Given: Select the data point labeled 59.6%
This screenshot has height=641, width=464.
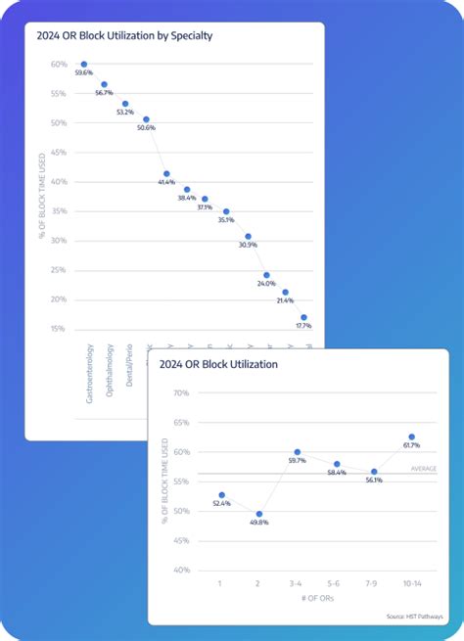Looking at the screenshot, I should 84,64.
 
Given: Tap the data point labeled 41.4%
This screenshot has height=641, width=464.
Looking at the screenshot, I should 166,173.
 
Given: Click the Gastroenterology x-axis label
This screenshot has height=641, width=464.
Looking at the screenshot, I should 89,375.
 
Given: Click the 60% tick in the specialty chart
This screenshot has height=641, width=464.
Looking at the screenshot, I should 60,65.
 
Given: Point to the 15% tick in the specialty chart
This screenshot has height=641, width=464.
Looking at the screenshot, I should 60,328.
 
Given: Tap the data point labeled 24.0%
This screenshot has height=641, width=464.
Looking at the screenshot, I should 266,275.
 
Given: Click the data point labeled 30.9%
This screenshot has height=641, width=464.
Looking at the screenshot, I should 248,236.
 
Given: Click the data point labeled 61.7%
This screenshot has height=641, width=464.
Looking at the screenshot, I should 411,436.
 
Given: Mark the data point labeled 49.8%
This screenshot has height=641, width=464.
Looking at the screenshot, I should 259,513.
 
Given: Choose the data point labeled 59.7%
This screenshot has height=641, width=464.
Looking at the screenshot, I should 298,451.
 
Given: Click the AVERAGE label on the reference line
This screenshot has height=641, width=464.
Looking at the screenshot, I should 423,469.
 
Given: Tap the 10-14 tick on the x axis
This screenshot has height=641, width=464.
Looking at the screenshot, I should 411,582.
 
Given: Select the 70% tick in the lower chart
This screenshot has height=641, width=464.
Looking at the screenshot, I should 180,393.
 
